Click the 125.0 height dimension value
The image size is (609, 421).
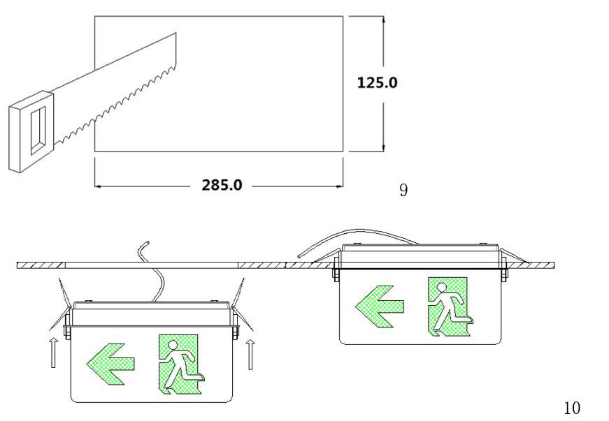tap(377, 82)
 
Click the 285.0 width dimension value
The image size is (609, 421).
tap(222, 185)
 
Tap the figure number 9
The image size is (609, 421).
tap(403, 190)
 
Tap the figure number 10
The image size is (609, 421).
tap(572, 408)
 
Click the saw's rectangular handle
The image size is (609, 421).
tap(31, 131)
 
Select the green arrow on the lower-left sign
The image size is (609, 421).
tap(110, 364)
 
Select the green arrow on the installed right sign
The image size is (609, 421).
tap(380, 306)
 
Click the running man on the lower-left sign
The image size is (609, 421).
tap(182, 365)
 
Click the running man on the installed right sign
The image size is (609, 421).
tap(451, 307)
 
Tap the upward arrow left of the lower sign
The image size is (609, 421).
tap(54, 353)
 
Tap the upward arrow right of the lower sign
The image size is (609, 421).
tap(250, 354)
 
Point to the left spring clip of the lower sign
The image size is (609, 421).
tap(60, 304)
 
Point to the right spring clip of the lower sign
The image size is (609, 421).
tap(243, 304)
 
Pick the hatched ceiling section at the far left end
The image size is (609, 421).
tap(41, 265)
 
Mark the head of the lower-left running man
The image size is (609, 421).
tap(173, 345)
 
